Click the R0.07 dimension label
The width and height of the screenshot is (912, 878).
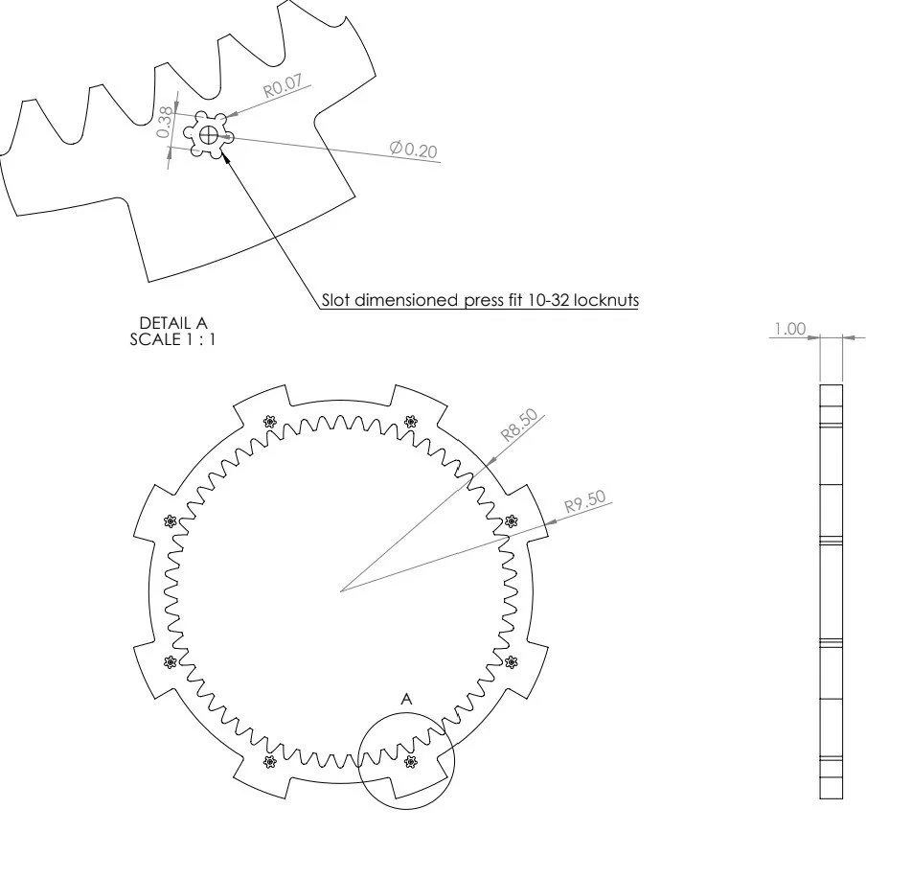click(284, 87)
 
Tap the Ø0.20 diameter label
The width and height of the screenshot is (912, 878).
click(414, 150)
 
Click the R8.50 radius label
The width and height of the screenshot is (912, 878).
click(520, 426)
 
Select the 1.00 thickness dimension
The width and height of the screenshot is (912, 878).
click(790, 329)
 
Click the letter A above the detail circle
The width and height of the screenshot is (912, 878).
click(406, 701)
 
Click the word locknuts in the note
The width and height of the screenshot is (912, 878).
click(605, 300)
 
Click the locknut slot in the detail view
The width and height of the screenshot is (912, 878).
click(209, 135)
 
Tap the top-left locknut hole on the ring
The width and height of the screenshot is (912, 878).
click(268, 421)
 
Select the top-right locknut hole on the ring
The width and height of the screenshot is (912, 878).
click(412, 421)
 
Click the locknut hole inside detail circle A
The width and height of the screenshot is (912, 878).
click(412, 762)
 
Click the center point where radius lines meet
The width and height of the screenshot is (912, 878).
click(340, 590)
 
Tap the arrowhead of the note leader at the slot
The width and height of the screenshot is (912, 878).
click(226, 154)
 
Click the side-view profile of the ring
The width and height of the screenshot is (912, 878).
click(831, 590)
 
